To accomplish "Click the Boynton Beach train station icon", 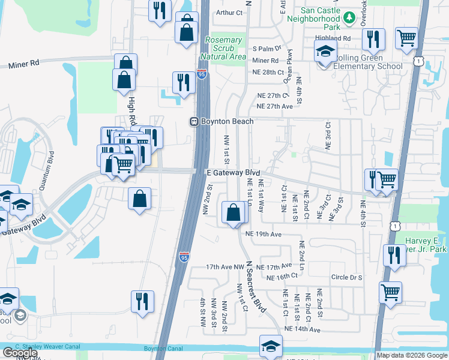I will [194, 121].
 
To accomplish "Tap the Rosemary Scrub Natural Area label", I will [224, 49].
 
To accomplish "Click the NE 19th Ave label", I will [263, 234].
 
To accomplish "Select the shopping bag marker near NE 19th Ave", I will [233, 213].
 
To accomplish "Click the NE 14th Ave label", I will [303, 329].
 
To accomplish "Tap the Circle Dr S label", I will [347, 278].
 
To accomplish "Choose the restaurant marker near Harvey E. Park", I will [394, 254].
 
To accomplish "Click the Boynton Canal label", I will [163, 349].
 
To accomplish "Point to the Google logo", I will [20, 353].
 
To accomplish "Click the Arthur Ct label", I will [229, 12].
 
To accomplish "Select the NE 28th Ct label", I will [268, 72].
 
